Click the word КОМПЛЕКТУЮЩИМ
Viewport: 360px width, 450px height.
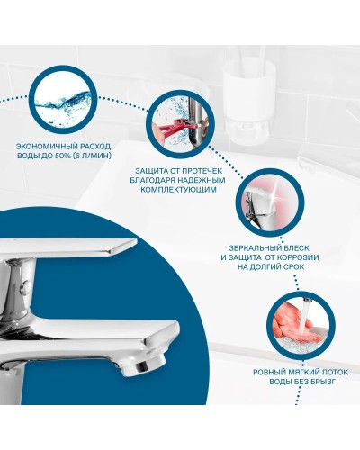click(178, 190)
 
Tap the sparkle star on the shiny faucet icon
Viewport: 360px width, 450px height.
click(274, 197)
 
